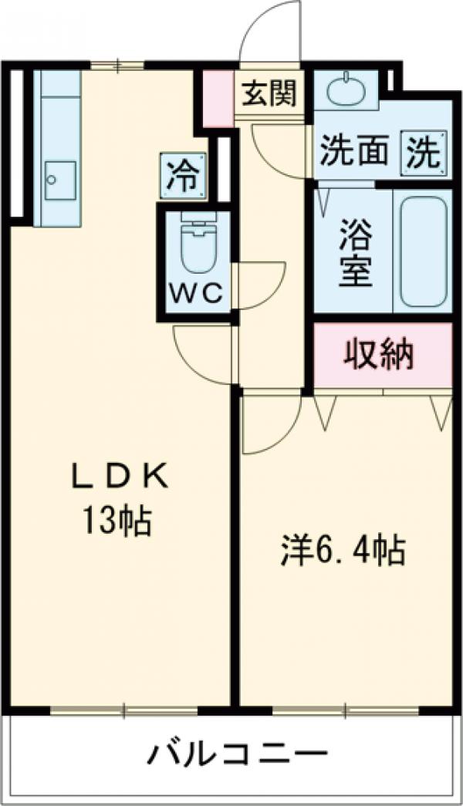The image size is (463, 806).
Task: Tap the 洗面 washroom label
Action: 354,152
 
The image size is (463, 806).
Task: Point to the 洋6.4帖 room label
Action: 343,551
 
